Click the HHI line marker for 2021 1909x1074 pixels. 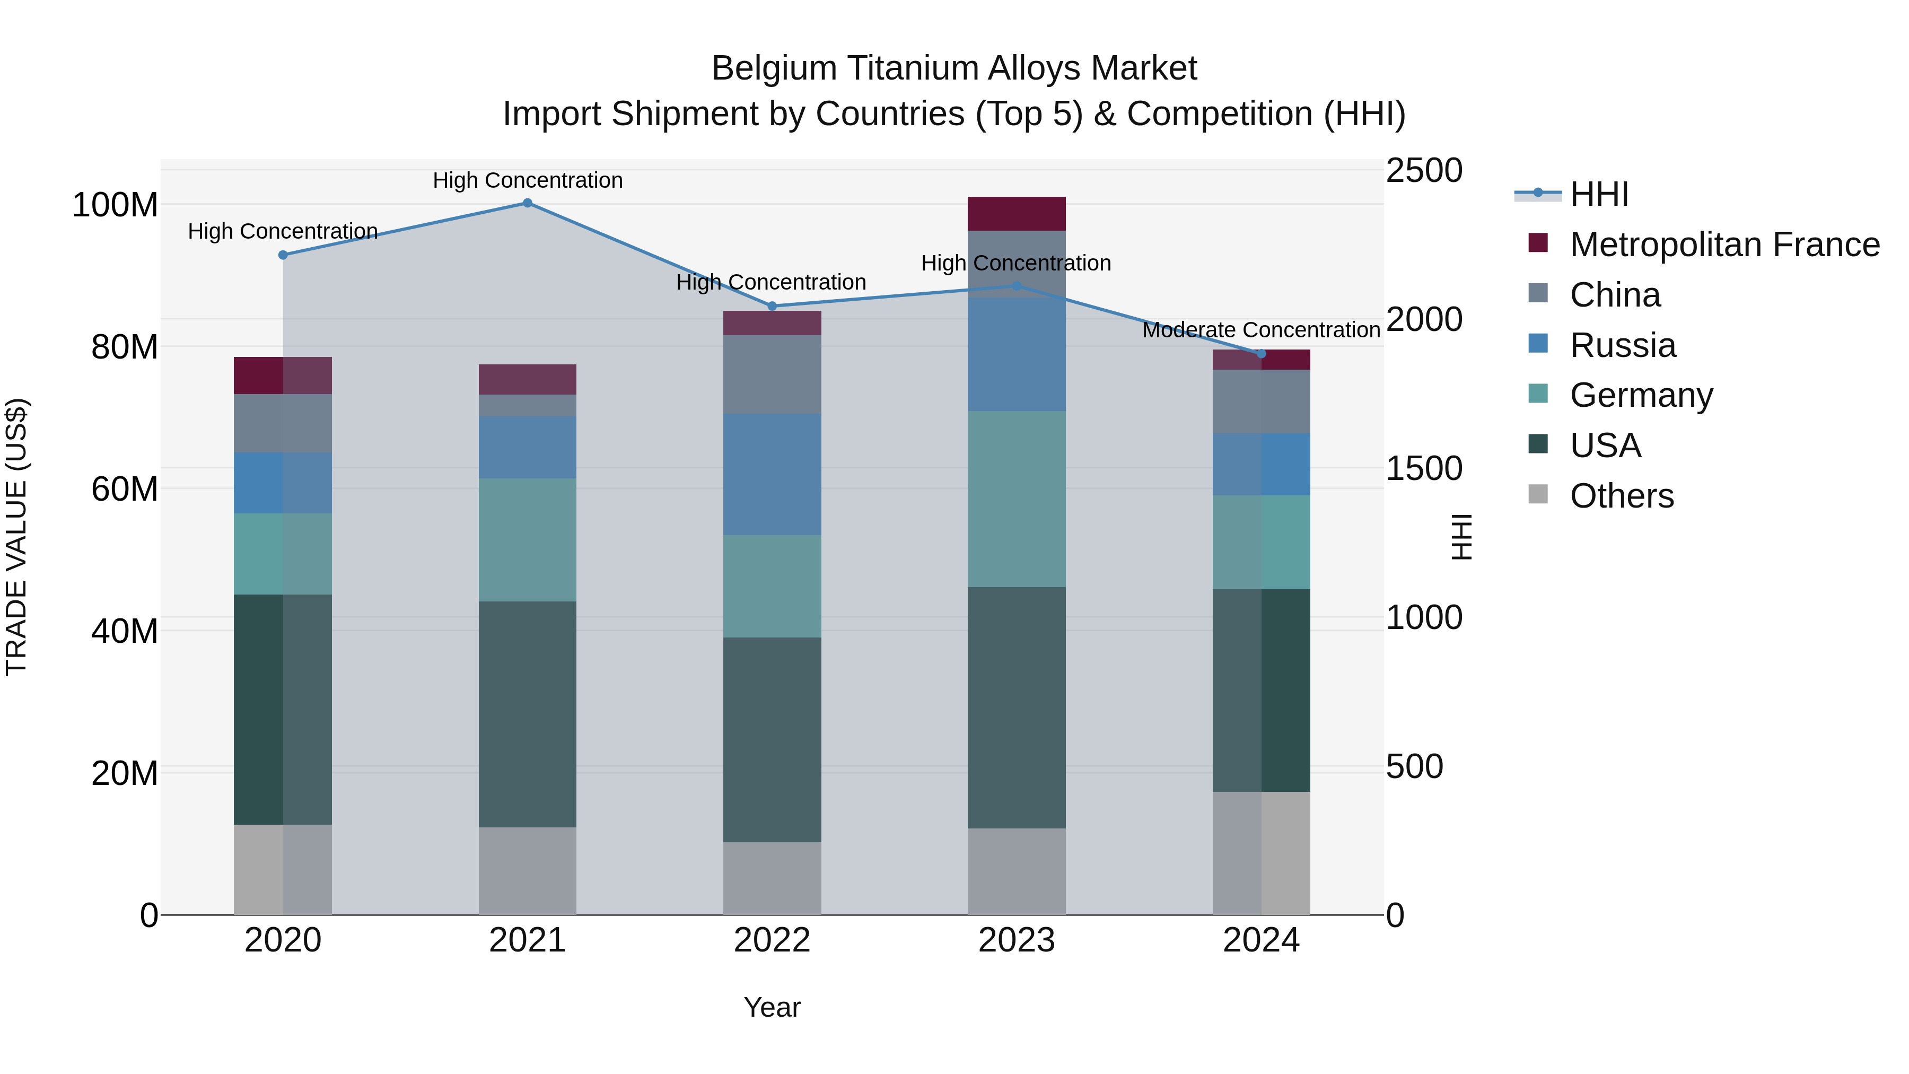(528, 203)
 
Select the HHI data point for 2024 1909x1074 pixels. (1262, 354)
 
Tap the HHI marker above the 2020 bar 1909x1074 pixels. (283, 255)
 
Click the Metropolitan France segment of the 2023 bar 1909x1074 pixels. (1016, 214)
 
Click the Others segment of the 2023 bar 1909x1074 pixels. (1016, 871)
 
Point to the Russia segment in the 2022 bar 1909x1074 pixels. (772, 474)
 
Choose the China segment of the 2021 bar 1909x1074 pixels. (527, 405)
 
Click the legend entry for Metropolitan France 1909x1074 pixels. (1724, 245)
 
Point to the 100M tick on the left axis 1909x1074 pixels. (115, 205)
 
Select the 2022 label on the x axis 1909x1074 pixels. (772, 940)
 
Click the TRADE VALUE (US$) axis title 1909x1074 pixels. (17, 537)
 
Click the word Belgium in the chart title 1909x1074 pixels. (774, 69)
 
